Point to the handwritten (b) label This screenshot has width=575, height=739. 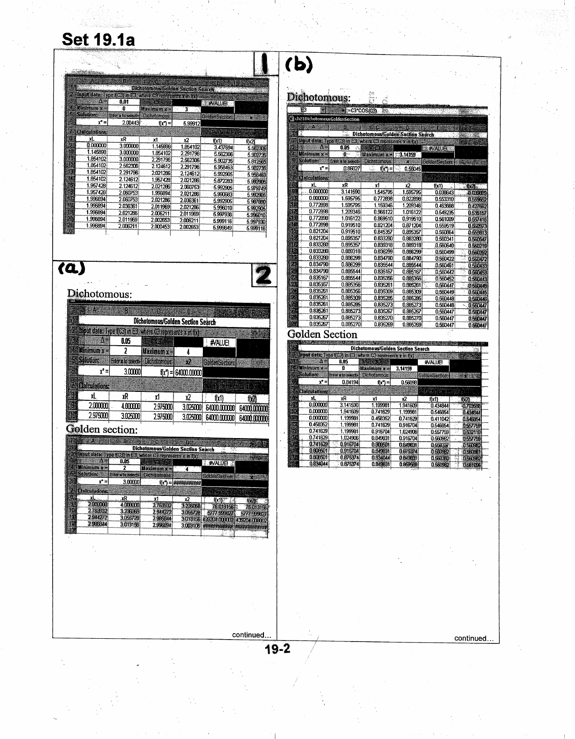(x=298, y=65)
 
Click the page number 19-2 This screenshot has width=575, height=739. (x=277, y=648)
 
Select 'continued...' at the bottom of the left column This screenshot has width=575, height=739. (x=251, y=634)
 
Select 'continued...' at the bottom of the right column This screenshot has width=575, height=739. (x=474, y=638)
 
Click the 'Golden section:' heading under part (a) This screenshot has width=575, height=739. (x=102, y=429)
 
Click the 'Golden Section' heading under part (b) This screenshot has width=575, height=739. (x=322, y=335)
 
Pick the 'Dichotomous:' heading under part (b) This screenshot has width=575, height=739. (x=319, y=98)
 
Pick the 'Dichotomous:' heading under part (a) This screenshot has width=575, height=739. (x=99, y=294)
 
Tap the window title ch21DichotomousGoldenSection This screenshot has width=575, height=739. (x=327, y=119)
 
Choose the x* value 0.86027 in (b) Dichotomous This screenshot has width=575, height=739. (x=350, y=168)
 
